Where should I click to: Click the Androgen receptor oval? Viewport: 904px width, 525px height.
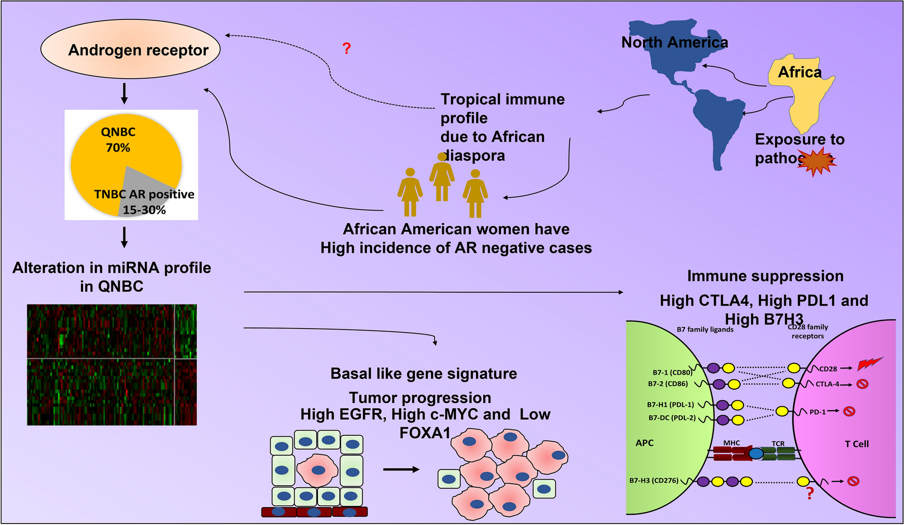[x=130, y=49]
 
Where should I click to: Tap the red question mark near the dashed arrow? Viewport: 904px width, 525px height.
[x=347, y=48]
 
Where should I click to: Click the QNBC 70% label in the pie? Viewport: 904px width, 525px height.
[x=118, y=140]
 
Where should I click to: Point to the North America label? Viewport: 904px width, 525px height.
[x=674, y=42]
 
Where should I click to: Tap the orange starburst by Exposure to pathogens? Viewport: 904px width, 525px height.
[x=816, y=161]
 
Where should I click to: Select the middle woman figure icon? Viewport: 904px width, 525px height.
[x=442, y=176]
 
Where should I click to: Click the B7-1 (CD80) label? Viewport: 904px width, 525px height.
[x=672, y=372]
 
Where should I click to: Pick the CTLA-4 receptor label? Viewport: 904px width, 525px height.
[x=827, y=384]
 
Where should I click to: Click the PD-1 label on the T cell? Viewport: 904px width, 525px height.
[x=817, y=412]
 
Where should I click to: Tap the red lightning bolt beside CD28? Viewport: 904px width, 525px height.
[x=870, y=364]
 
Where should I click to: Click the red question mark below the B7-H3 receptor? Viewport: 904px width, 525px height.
[x=810, y=493]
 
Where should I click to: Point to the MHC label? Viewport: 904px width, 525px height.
[x=731, y=443]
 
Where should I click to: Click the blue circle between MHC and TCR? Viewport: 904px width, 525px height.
[x=756, y=453]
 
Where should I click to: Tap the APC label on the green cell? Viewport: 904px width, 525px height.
[x=644, y=443]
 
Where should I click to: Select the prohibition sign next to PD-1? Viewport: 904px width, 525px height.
[x=849, y=411]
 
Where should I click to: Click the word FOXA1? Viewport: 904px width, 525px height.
[x=425, y=433]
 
